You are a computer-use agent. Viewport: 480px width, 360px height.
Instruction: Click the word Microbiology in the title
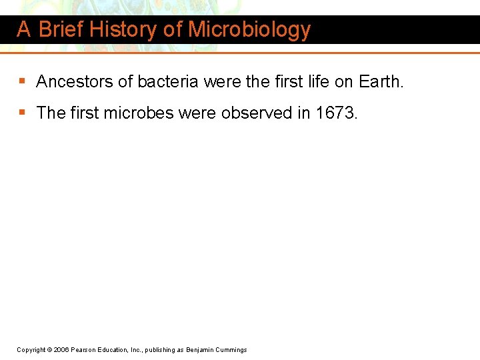[x=249, y=30]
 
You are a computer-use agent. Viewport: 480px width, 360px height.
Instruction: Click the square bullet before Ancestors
[x=22, y=82]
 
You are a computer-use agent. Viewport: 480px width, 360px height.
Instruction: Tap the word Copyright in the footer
[x=31, y=350]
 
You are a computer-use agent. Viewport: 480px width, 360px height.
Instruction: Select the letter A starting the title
[x=23, y=30]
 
